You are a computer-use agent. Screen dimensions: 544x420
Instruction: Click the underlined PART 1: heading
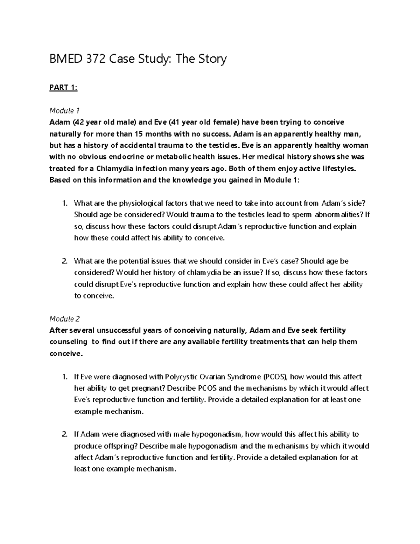pyautogui.click(x=63, y=88)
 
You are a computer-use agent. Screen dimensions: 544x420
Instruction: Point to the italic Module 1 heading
pyautogui.click(x=64, y=111)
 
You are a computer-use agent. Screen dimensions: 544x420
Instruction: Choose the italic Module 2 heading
pyautogui.click(x=65, y=319)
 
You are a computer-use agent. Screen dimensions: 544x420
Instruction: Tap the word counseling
pyautogui.click(x=69, y=342)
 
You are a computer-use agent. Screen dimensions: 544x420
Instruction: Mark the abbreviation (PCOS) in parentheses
pyautogui.click(x=275, y=377)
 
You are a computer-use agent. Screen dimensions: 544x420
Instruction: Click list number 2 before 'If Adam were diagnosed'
pyautogui.click(x=64, y=435)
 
